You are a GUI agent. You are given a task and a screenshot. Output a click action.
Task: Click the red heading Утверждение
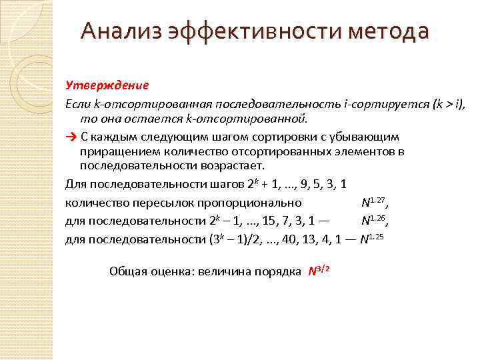[107, 85]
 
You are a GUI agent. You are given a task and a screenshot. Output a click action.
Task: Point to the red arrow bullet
[71, 137]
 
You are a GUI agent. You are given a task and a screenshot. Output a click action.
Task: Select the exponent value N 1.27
[373, 201]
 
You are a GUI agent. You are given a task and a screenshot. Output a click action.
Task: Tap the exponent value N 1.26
[373, 219]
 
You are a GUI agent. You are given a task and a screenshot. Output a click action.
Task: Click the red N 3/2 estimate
[319, 271]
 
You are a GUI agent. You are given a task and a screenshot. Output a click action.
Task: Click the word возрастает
[234, 166]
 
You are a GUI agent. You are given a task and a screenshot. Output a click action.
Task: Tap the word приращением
[119, 151]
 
